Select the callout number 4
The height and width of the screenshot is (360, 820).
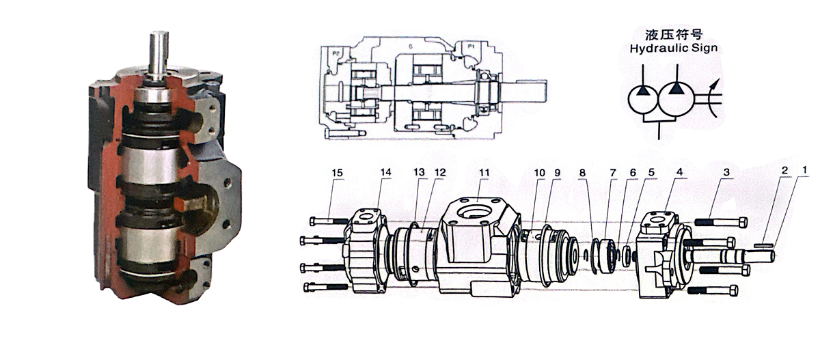pyautogui.click(x=661, y=172)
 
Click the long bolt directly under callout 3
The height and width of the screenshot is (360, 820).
pyautogui.click(x=720, y=222)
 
